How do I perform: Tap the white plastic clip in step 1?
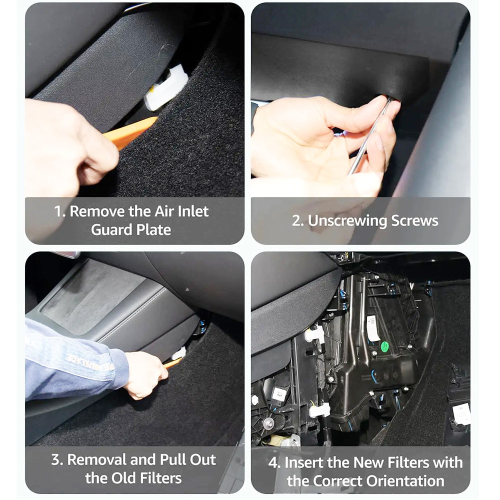166,87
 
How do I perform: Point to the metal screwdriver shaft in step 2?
369,136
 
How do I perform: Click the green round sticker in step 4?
384,346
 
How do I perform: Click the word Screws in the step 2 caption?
414,220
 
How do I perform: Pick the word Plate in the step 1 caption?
153,229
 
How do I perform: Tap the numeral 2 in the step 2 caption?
296,221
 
